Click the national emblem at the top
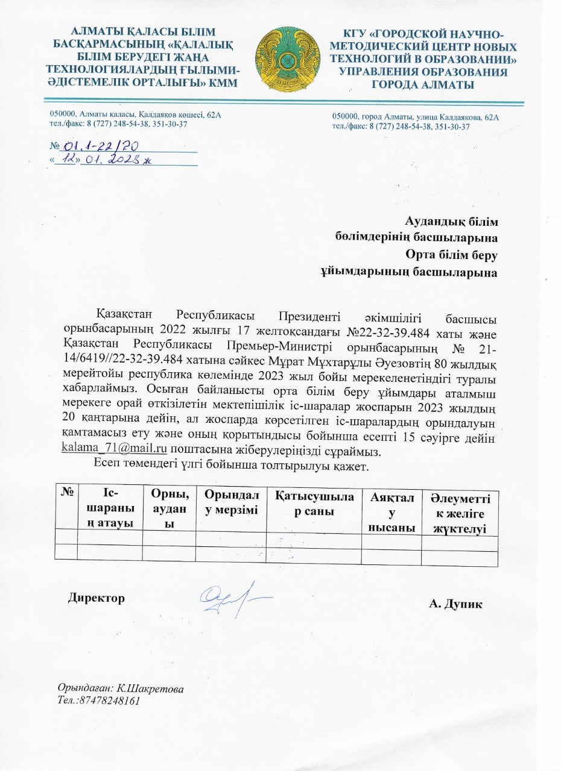(285, 59)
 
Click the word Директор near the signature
(97, 598)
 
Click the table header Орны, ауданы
(168, 509)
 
